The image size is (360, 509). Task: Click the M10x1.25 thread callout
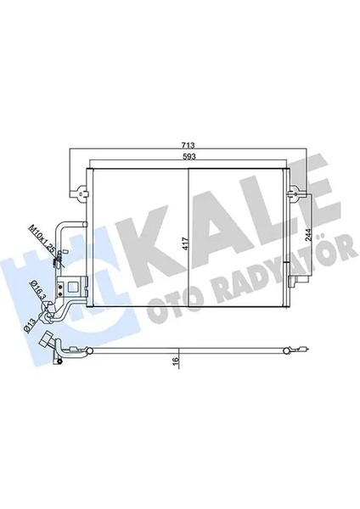52,240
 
